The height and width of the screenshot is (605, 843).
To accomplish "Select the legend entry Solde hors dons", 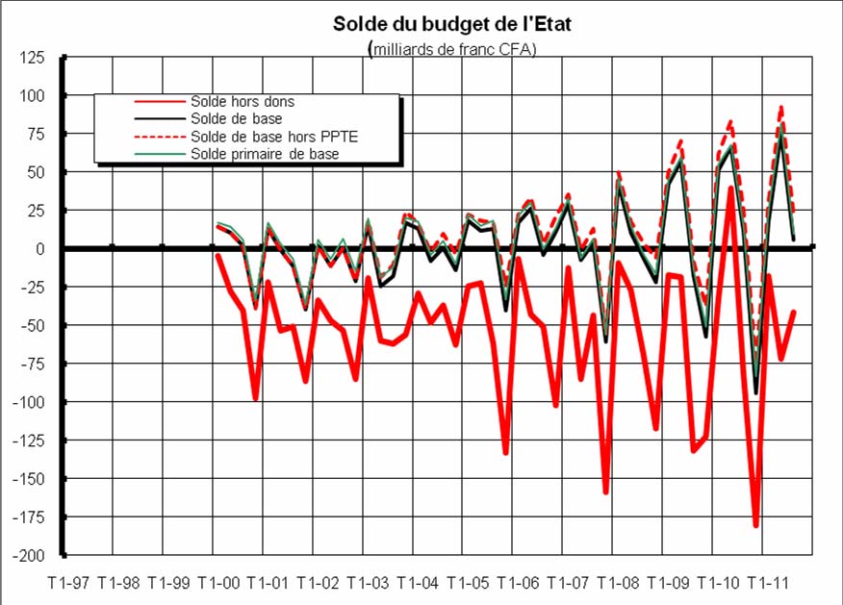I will [x=243, y=101].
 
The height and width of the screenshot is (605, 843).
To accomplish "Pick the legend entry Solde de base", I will [x=237, y=118].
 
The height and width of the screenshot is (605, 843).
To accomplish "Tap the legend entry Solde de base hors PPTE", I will [x=261, y=137].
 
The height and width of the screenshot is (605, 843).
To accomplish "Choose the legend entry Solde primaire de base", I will [x=265, y=154].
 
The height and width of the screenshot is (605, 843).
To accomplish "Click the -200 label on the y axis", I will [x=28, y=556].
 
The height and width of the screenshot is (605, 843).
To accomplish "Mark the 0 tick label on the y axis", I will [x=39, y=249].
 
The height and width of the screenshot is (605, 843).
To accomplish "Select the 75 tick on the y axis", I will [x=35, y=135].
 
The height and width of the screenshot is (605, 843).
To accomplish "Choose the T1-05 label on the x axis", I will [x=469, y=584].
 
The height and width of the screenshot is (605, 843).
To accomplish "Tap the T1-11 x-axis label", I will [x=768, y=584].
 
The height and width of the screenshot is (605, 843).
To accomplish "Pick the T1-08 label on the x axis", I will [x=619, y=584].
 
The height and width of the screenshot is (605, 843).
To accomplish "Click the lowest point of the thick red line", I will [x=756, y=525].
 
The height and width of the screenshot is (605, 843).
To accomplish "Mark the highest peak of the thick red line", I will [x=731, y=189].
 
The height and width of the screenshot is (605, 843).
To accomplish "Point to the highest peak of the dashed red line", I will [x=781, y=107].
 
